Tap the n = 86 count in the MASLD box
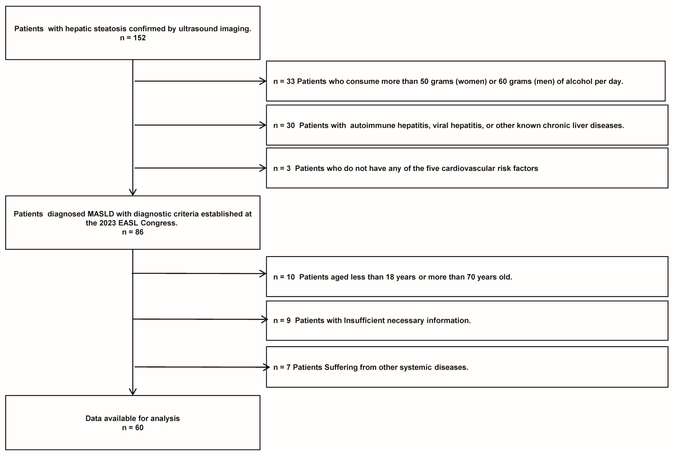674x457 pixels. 133,232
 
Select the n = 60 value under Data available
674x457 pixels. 133,427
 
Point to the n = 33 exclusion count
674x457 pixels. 284,82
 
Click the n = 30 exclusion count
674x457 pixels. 284,126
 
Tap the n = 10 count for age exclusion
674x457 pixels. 284,277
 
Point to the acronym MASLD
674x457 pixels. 101,214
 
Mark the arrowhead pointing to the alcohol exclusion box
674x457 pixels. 263,81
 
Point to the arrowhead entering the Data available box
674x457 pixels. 133,392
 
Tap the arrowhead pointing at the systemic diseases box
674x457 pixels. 267,367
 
